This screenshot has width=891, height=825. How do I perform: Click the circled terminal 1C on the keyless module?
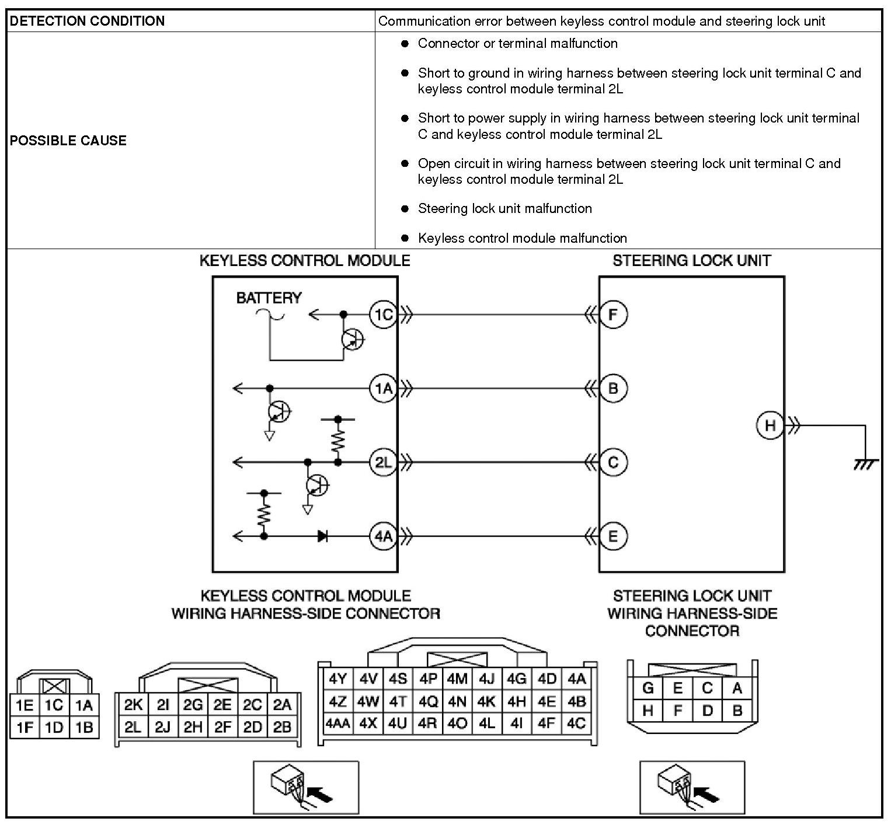tap(383, 315)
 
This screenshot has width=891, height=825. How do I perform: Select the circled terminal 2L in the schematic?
tap(383, 463)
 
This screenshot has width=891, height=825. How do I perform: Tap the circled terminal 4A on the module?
tap(383, 536)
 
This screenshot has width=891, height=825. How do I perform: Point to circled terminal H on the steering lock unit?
tap(770, 425)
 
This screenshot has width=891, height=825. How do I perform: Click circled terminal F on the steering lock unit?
tap(612, 315)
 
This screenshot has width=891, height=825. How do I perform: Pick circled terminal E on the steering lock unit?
tap(612, 536)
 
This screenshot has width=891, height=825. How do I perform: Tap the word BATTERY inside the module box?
tap(269, 298)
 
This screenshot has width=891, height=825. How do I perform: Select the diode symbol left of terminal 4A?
tap(322, 536)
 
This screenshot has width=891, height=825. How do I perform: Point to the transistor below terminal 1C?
tap(353, 339)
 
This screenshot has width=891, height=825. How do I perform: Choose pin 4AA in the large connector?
tap(337, 723)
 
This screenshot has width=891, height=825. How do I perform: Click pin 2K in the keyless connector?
tap(133, 705)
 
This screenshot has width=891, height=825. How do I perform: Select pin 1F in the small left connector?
tap(25, 728)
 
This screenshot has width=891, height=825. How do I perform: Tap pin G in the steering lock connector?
tap(648, 688)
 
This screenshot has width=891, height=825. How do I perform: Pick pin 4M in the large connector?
tap(457, 679)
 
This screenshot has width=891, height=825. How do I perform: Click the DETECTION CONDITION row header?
tap(88, 22)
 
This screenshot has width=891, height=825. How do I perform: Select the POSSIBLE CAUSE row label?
tap(68, 141)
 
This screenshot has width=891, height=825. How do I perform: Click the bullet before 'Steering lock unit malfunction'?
tap(405, 208)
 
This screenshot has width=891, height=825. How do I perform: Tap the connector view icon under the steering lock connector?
tap(692, 786)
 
